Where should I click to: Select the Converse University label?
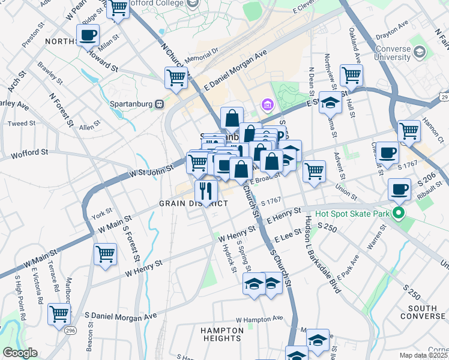pos(393,53)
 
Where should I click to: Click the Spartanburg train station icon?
pos(159,103)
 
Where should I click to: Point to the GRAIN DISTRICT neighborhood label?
pos(193,203)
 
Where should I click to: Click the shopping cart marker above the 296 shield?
pos(59,313)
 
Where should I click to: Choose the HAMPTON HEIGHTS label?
pos(222,334)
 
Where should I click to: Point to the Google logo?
pos(20,353)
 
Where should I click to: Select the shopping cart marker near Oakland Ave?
pos(351,75)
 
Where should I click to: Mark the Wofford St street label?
pos(29,153)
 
